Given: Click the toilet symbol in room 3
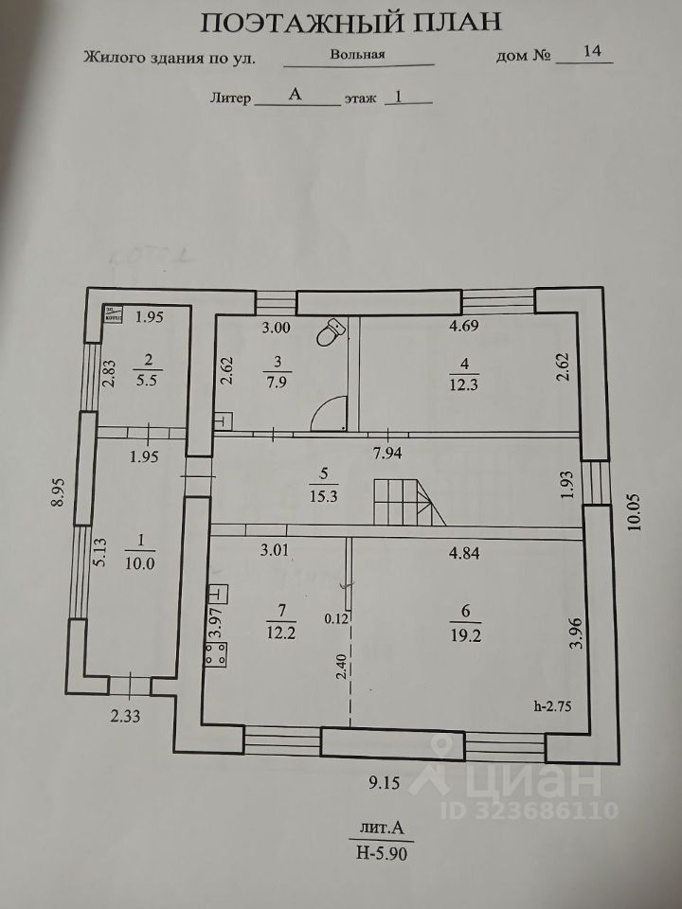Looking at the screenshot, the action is click(x=332, y=331).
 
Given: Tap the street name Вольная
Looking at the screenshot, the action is click(x=357, y=54).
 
